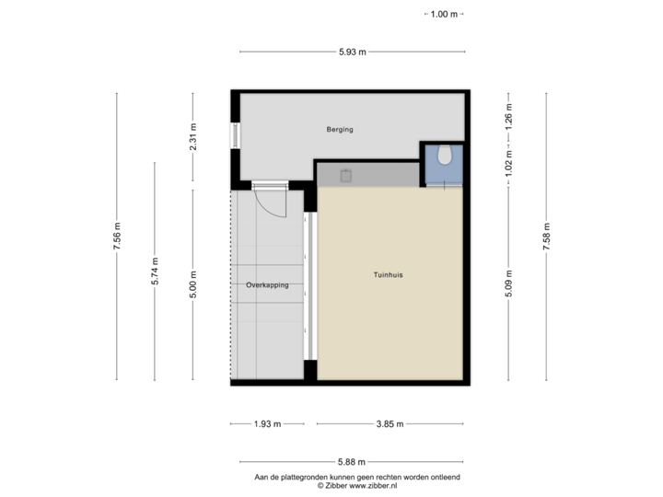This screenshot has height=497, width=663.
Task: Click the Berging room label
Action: pos(340,130)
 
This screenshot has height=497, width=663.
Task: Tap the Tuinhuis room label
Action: pos(389,275)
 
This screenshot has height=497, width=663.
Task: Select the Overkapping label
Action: pos(267,285)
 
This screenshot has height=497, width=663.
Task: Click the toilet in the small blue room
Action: pos(446,156)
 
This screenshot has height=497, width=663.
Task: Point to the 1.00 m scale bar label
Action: pos(444,15)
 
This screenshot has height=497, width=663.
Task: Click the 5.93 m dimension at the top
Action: pos(352,52)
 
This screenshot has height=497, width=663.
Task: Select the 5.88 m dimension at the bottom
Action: pos(352,462)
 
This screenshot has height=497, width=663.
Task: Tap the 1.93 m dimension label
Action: pos(266,424)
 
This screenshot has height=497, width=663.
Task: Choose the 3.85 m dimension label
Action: pos(390,424)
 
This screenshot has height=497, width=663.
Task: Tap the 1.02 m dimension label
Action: pos(508,163)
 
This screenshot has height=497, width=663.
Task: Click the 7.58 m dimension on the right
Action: pos(547,237)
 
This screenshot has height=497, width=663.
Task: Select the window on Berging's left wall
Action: pos(235,135)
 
